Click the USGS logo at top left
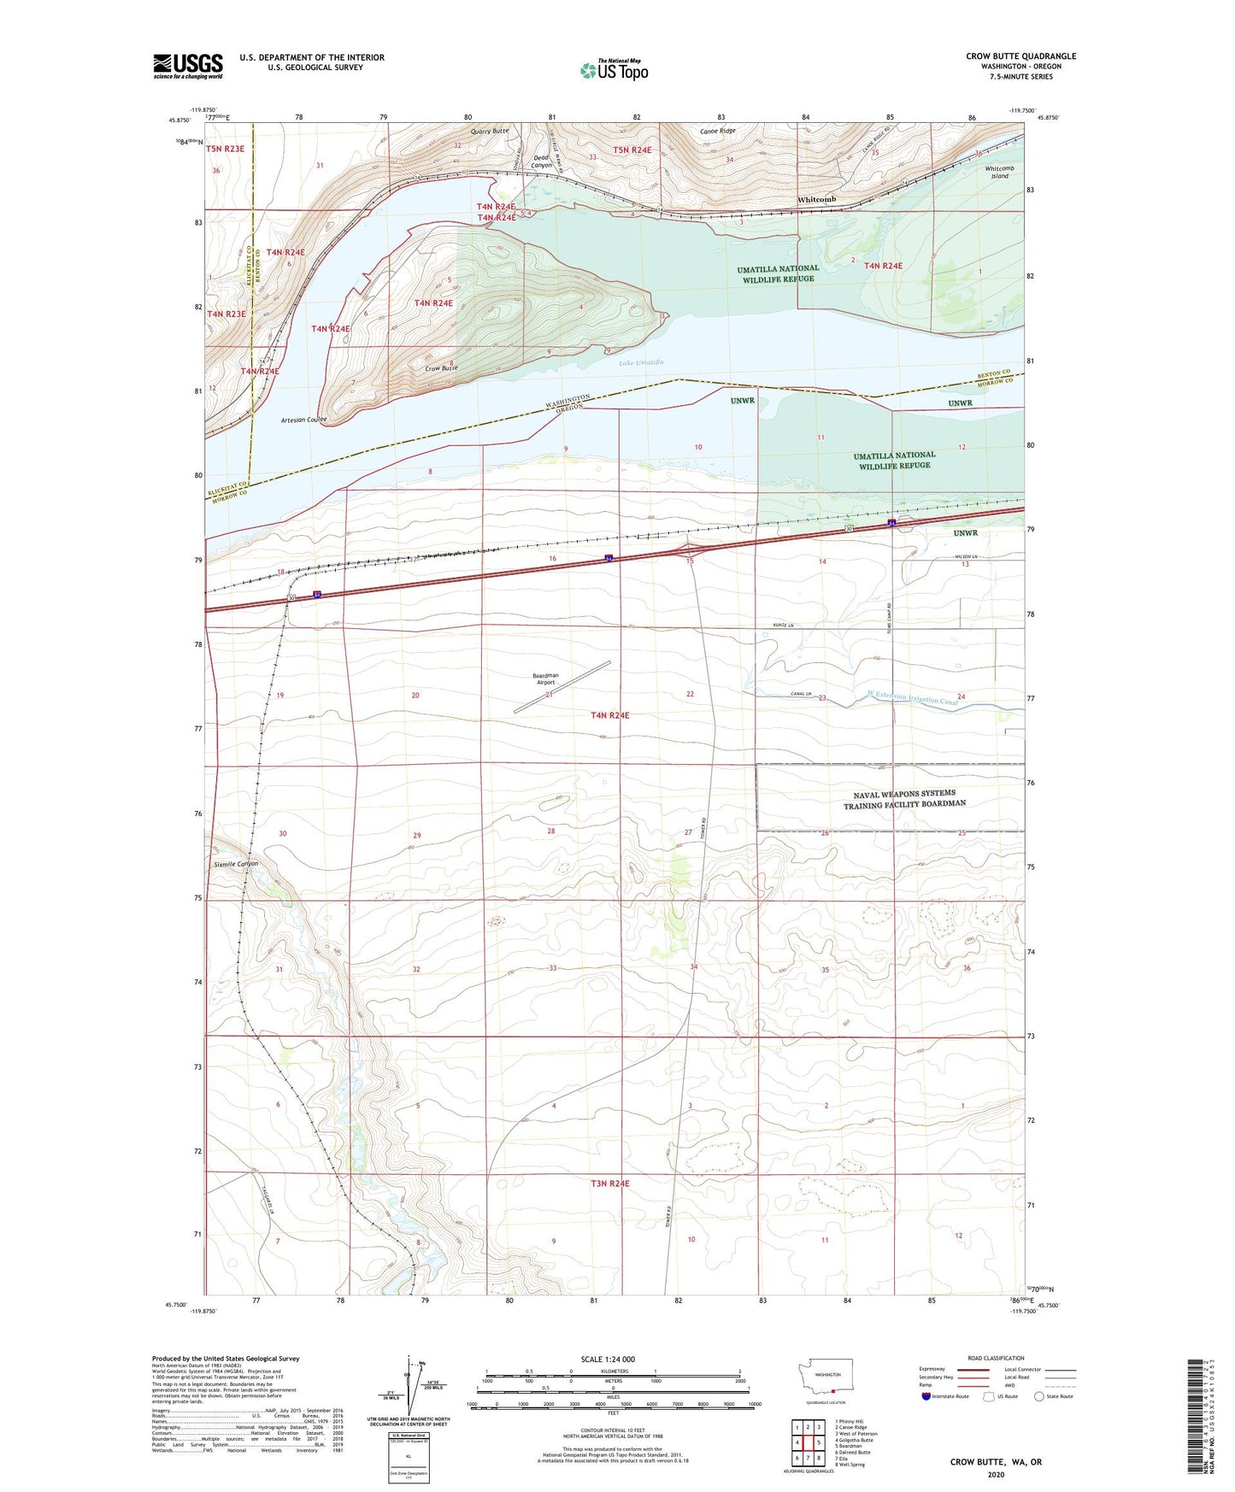click(187, 66)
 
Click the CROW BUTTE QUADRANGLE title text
click(1020, 56)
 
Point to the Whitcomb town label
click(816, 199)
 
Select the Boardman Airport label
click(545, 678)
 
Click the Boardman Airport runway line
click(562, 686)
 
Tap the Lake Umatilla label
click(639, 363)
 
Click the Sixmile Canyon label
click(236, 864)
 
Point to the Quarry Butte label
click(490, 131)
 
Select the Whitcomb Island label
click(999, 172)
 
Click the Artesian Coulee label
click(303, 420)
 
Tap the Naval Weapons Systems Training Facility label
click(904, 798)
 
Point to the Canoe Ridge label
click(717, 131)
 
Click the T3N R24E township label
click(609, 1184)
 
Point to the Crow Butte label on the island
click(442, 368)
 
